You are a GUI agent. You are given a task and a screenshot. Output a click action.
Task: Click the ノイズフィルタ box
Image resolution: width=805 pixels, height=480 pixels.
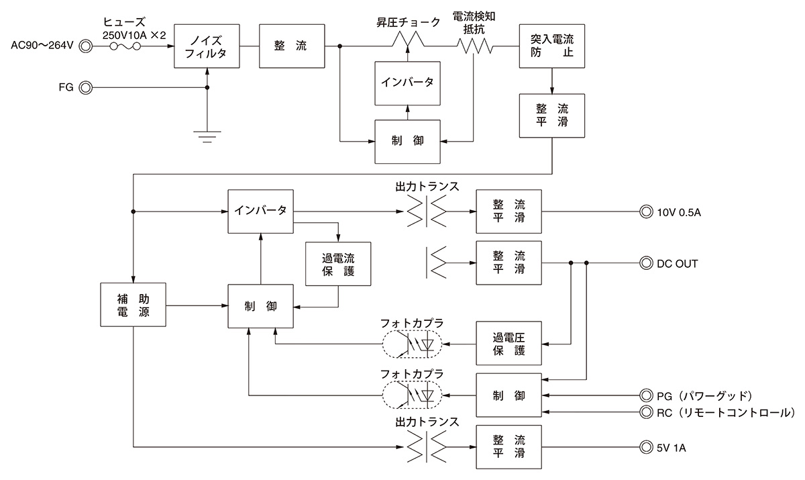click(x=206, y=46)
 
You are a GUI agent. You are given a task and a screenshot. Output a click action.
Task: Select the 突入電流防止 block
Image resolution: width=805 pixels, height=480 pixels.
click(x=551, y=46)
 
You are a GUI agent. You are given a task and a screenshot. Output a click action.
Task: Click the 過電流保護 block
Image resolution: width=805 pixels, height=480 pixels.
click(x=337, y=264)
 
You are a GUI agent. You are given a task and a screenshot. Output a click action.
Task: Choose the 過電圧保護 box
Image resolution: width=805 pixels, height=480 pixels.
click(x=508, y=344)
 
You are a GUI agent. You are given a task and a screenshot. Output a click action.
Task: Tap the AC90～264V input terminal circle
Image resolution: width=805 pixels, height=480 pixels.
click(x=85, y=46)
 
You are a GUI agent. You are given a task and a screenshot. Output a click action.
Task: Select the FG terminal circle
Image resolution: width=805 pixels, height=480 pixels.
click(x=85, y=88)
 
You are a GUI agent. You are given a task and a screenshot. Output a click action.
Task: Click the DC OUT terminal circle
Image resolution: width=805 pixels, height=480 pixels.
click(x=646, y=264)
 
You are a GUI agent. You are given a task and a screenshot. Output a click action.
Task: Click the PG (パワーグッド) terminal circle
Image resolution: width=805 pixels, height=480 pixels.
click(x=646, y=395)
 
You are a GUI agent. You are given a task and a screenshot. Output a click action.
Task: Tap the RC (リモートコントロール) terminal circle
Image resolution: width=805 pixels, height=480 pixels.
click(x=646, y=412)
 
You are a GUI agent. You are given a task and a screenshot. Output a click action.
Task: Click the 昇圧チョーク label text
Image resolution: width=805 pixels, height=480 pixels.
click(x=408, y=22)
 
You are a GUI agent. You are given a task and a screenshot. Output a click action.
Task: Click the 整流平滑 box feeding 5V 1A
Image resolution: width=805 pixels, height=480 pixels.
click(x=508, y=447)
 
